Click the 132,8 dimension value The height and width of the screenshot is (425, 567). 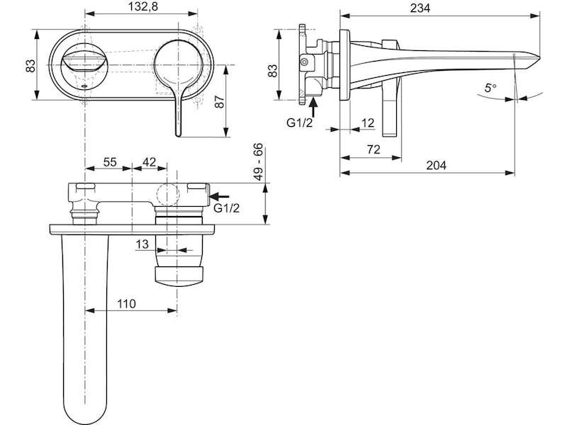pos(144,7)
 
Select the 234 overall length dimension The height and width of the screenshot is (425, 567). pos(420,8)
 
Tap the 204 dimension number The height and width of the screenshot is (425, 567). pos(436,165)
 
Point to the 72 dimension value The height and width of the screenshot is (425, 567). pos(374,149)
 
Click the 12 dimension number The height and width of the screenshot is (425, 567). pos(368,123)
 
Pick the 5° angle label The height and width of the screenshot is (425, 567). pos(490,88)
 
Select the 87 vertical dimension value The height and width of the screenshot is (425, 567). pos(220,101)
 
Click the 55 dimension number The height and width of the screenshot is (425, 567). pos(110,162)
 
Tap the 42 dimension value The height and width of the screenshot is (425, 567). pos(149,162)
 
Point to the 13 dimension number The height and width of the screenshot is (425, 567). pos(142,244)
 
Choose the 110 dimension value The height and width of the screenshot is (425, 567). pos(126,304)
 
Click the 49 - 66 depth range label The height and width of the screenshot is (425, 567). pos(258,161)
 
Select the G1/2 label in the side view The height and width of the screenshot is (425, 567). pos(299,123)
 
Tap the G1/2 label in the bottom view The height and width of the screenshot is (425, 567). pos(226,208)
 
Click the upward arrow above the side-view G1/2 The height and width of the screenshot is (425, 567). pos(313,107)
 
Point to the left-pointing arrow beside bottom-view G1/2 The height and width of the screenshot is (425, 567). pos(219,196)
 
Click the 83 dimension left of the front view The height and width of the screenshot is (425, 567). pos(30,65)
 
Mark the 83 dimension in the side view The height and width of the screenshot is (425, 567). pos(272,70)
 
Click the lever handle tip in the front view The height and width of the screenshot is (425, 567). pos(178,135)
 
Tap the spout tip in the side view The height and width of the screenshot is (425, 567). pos(539,59)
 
